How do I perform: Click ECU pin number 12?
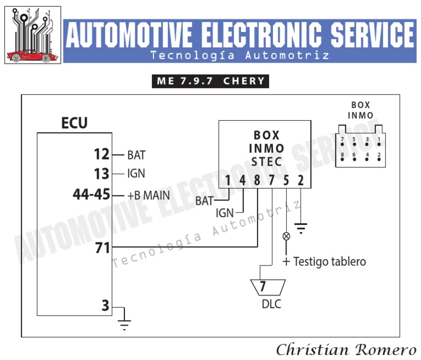pyautogui.click(x=102, y=155)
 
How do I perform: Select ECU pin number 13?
pyautogui.click(x=102, y=174)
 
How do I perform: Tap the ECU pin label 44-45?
pyautogui.click(x=92, y=194)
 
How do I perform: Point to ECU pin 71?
pyautogui.click(x=103, y=248)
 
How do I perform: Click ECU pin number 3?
pyautogui.click(x=106, y=306)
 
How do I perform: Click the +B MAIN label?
pyautogui.click(x=149, y=195)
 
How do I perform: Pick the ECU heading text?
pyautogui.click(x=74, y=123)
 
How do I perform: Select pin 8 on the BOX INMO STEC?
pyautogui.click(x=257, y=179)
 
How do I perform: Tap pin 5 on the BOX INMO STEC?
pyautogui.click(x=286, y=179)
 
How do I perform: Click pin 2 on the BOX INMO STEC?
pyautogui.click(x=300, y=179)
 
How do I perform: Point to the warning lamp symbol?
pyautogui.click(x=286, y=237)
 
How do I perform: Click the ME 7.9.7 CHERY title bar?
pyautogui.click(x=211, y=81)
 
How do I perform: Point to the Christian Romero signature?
pyautogui.click(x=345, y=349)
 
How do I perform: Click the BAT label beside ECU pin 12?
pyautogui.click(x=136, y=155)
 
